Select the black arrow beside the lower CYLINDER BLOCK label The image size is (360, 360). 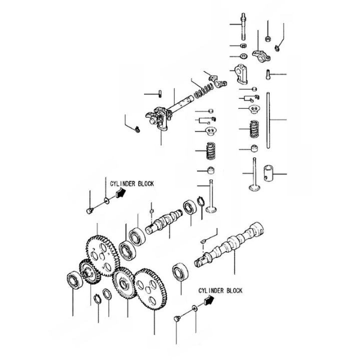coord(208,300)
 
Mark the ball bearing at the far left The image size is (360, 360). coord(74,280)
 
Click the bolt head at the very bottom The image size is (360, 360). coord(176,318)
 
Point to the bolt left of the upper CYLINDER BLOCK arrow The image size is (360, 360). coord(89,210)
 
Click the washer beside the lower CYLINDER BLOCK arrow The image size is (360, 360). coord(193,307)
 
